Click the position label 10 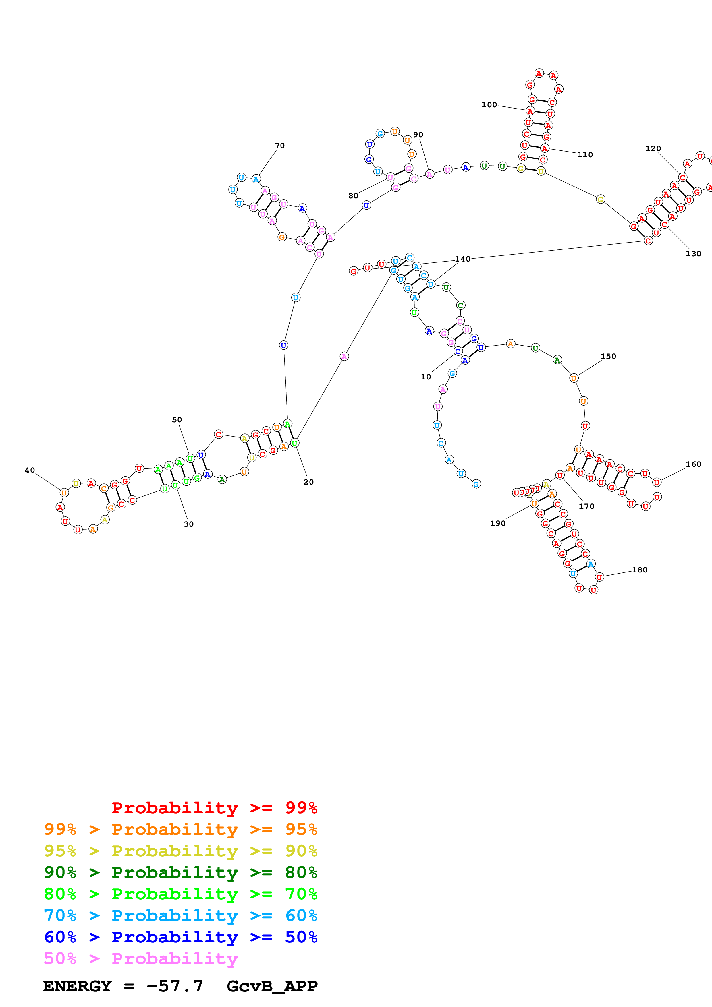pyautogui.click(x=426, y=377)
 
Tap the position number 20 pyautogui.click(x=308, y=482)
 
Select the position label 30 pyautogui.click(x=189, y=524)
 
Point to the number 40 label pyautogui.click(x=30, y=470)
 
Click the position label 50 pyautogui.click(x=177, y=420)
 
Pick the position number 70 pyautogui.click(x=280, y=146)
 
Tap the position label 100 pyautogui.click(x=489, y=105)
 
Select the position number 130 pyautogui.click(x=693, y=253)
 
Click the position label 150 pyautogui.click(x=608, y=356)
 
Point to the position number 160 pyautogui.click(x=693, y=464)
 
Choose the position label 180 pyautogui.click(x=640, y=570)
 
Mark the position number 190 pyautogui.click(x=497, y=523)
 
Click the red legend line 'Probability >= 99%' pyautogui.click(x=214, y=807)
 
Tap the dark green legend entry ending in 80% pyautogui.click(x=180, y=872)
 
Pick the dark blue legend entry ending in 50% pyautogui.click(x=180, y=937)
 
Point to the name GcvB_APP pyautogui.click(x=272, y=986)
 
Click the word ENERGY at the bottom pyautogui.click(x=77, y=986)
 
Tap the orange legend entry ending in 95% pyautogui.click(x=180, y=829)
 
